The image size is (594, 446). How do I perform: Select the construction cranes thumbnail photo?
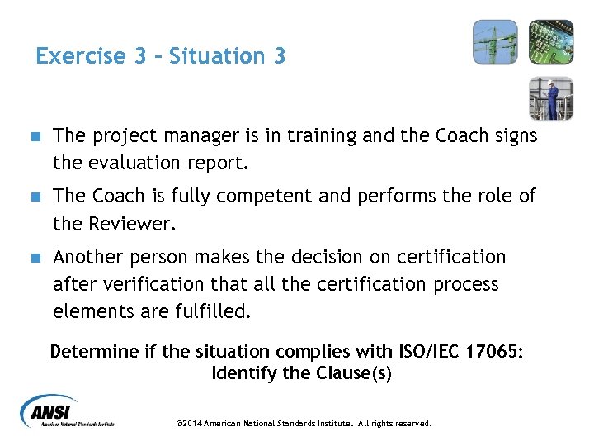point(495,42)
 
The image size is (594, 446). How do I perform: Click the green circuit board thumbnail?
point(550,42)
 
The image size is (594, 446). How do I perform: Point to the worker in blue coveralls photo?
point(550,98)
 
